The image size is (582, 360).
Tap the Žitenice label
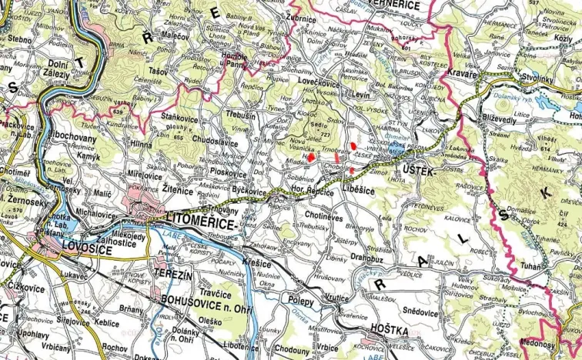click(183, 188)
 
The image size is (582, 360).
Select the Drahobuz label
click(366, 258)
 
